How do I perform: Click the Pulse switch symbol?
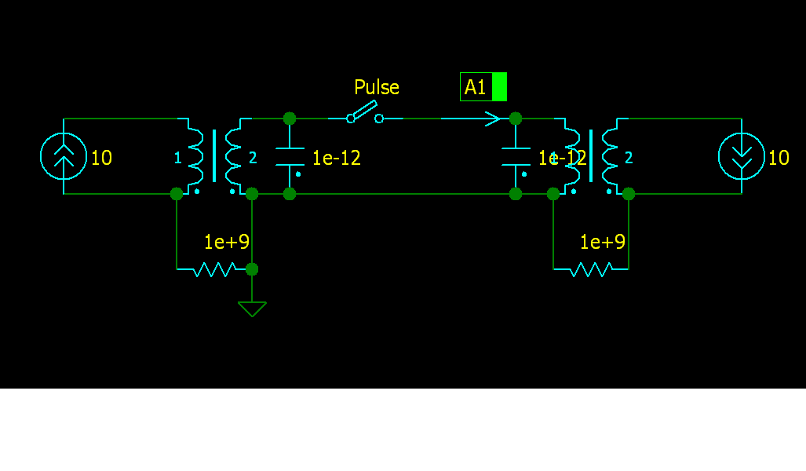tap(365, 113)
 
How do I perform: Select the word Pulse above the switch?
tap(377, 87)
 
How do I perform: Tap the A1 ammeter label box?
tap(483, 87)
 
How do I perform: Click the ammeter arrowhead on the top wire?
tap(492, 119)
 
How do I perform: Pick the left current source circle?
tap(64, 156)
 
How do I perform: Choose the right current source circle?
tap(742, 156)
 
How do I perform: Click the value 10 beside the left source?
tap(102, 158)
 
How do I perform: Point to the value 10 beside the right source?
tap(779, 158)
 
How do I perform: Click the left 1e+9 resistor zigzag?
tap(214, 269)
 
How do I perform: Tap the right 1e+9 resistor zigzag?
tap(591, 269)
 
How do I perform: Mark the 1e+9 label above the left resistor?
tap(227, 242)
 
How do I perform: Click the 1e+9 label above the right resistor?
tap(603, 242)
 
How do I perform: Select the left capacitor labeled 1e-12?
tap(290, 156)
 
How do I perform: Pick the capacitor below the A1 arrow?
tap(516, 156)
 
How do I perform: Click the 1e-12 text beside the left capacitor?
tap(337, 158)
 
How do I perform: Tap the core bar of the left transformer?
tap(214, 156)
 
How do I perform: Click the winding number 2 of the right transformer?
tap(629, 158)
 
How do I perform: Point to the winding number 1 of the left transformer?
tap(177, 158)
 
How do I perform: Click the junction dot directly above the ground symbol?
tap(252, 269)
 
